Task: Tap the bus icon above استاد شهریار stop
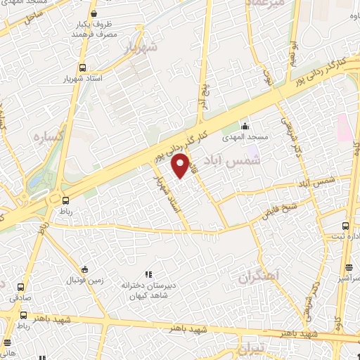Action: point(83,67)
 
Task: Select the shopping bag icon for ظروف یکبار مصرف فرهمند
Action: point(94,13)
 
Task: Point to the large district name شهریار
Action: point(139,49)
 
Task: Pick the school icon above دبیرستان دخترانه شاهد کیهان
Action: point(147,274)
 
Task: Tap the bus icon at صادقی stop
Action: point(20,287)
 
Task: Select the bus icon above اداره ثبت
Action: point(345,226)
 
